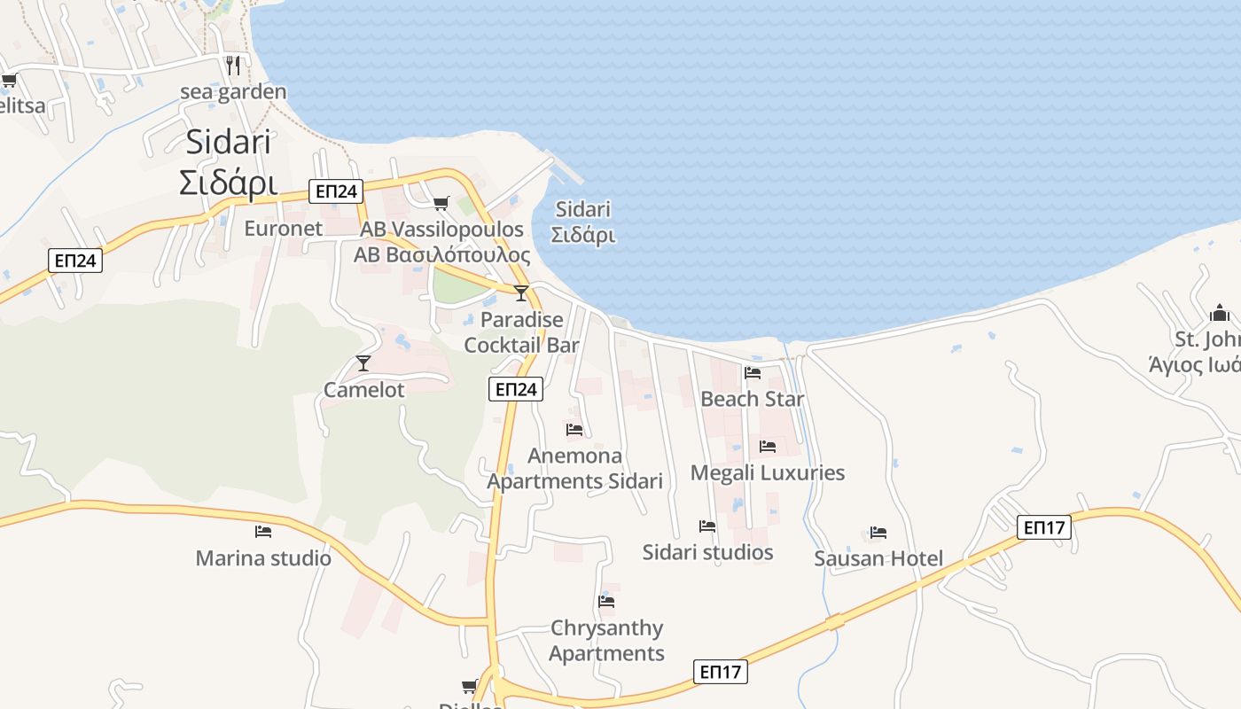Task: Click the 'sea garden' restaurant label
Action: [x=233, y=92]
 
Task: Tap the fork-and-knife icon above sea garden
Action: [x=233, y=65]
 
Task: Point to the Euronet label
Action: [x=284, y=229]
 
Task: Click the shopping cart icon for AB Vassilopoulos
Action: [x=441, y=204]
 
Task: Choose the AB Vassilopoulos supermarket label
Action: [x=441, y=242]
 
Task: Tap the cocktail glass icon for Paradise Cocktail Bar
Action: [x=521, y=293]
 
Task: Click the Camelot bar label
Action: [x=363, y=390]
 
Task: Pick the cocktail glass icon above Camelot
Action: [x=363, y=362]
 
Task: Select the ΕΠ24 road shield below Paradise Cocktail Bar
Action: [x=515, y=389]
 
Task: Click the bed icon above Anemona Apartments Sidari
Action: [x=574, y=430]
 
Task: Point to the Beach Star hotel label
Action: [x=752, y=399]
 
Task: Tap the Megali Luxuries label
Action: [x=767, y=472]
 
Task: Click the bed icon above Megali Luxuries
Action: [x=768, y=447]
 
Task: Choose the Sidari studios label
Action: [x=707, y=552]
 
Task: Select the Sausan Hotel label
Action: [x=878, y=558]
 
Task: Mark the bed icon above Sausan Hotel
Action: [x=878, y=533]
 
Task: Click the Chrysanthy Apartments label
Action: [x=606, y=641]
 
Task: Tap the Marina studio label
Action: [x=263, y=558]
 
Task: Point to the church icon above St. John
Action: [x=1220, y=313]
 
